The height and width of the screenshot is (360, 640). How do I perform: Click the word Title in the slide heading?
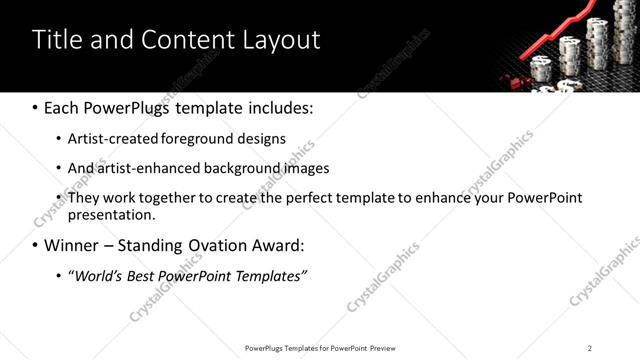click(58, 40)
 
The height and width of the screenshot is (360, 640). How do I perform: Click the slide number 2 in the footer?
click(590, 347)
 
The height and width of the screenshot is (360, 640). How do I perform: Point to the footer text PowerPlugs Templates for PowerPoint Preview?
click(320, 347)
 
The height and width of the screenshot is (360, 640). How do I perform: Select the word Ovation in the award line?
click(207, 245)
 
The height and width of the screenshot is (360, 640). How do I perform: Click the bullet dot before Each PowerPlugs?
click(35, 107)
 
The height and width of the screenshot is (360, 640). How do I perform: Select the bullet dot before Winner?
click(35, 245)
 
